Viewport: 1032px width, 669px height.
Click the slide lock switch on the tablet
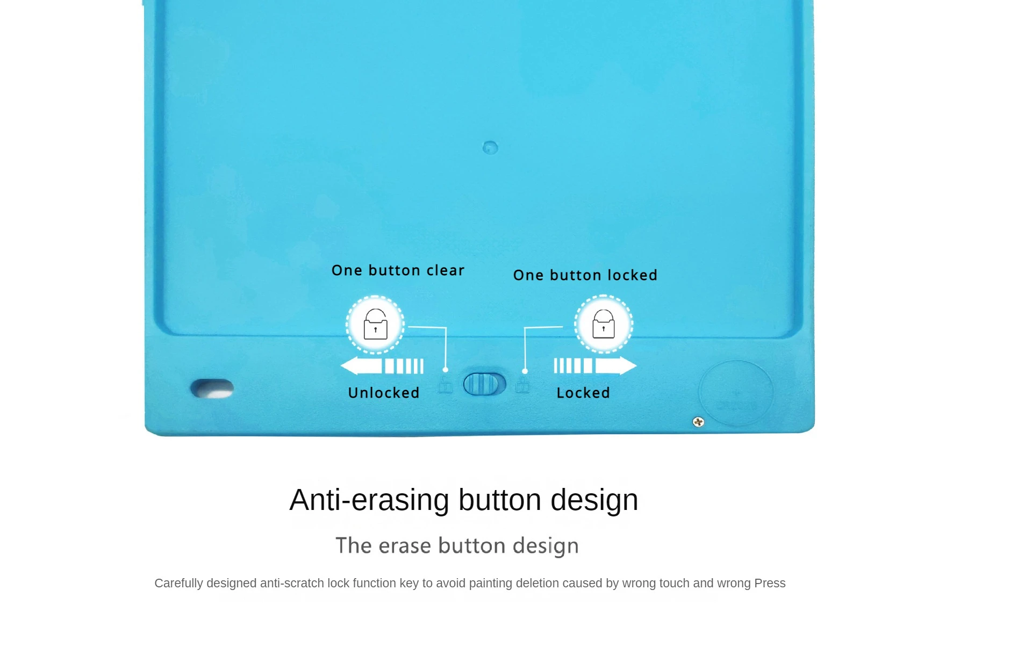click(x=484, y=384)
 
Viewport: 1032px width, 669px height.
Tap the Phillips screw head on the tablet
click(x=698, y=422)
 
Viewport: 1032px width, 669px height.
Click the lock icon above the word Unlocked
click(x=375, y=324)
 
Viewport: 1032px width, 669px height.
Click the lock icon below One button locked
click(x=604, y=323)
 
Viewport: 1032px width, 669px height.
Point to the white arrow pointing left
click(x=382, y=366)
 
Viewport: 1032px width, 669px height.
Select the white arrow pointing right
click(x=596, y=365)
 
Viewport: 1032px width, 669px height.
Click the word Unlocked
click(x=384, y=393)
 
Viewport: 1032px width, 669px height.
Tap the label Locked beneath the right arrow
click(x=583, y=393)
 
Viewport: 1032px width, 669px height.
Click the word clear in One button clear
click(x=446, y=270)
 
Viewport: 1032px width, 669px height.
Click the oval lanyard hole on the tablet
click(x=212, y=389)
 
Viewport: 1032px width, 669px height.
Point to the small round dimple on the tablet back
click(x=490, y=147)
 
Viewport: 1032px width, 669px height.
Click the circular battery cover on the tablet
click(x=736, y=393)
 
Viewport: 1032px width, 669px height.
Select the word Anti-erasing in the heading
click(x=369, y=500)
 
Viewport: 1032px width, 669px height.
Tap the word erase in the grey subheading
click(x=405, y=546)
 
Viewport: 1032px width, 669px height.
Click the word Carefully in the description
click(x=178, y=584)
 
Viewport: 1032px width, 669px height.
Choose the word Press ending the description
click(x=770, y=583)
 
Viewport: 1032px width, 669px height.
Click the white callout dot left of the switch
click(x=445, y=370)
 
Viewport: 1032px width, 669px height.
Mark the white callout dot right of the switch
click(x=525, y=371)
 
